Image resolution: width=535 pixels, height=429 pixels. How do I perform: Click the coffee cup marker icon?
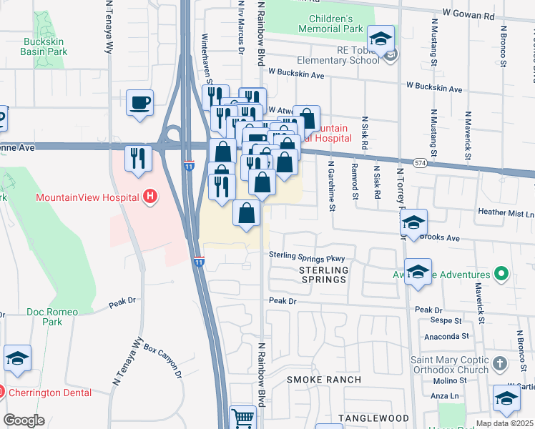click(140, 102)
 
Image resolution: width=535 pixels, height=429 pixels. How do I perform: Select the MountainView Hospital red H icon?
click(149, 196)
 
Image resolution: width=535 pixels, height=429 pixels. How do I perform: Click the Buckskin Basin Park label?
click(44, 46)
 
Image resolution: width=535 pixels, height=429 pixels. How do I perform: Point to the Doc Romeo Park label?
click(54, 317)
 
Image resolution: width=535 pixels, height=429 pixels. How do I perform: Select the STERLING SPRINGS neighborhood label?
click(323, 275)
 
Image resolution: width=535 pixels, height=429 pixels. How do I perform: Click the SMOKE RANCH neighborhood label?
click(324, 379)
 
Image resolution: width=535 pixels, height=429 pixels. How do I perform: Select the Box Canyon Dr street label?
click(163, 360)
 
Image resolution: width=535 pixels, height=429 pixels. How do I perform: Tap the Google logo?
click(24, 420)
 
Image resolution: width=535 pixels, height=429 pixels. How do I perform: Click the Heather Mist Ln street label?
click(506, 213)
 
